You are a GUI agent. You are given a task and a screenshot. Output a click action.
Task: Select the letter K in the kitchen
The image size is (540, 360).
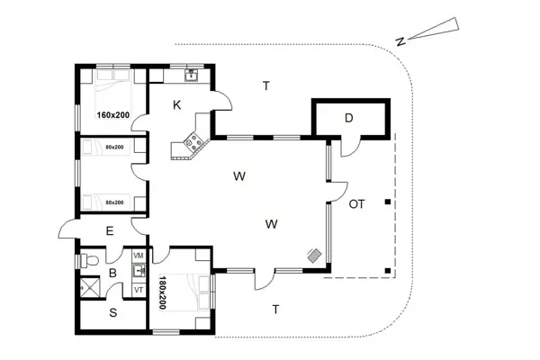click(x=177, y=105)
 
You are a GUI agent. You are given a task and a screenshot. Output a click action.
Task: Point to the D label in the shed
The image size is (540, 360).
click(x=350, y=117)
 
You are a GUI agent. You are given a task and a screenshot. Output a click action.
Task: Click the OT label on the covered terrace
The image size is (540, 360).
click(x=356, y=204)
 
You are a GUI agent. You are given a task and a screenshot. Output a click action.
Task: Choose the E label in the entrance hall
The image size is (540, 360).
click(x=110, y=231)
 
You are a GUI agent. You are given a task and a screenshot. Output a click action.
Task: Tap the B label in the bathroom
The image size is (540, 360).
click(x=112, y=271)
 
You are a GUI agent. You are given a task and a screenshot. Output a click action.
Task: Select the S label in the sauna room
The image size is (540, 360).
click(x=112, y=313)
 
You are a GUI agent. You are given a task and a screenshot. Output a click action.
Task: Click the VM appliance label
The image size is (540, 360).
click(x=139, y=256)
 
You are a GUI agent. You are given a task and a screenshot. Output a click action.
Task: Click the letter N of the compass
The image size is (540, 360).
click(x=402, y=40)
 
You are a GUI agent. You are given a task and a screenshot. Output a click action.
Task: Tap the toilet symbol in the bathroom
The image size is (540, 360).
click(x=87, y=260)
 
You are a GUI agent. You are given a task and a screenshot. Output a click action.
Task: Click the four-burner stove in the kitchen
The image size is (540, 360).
click(x=193, y=140)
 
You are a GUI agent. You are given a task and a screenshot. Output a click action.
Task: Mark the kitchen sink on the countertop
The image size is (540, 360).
click(x=191, y=74)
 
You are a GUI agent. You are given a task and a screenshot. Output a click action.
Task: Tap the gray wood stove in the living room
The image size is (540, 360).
click(x=313, y=256)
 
